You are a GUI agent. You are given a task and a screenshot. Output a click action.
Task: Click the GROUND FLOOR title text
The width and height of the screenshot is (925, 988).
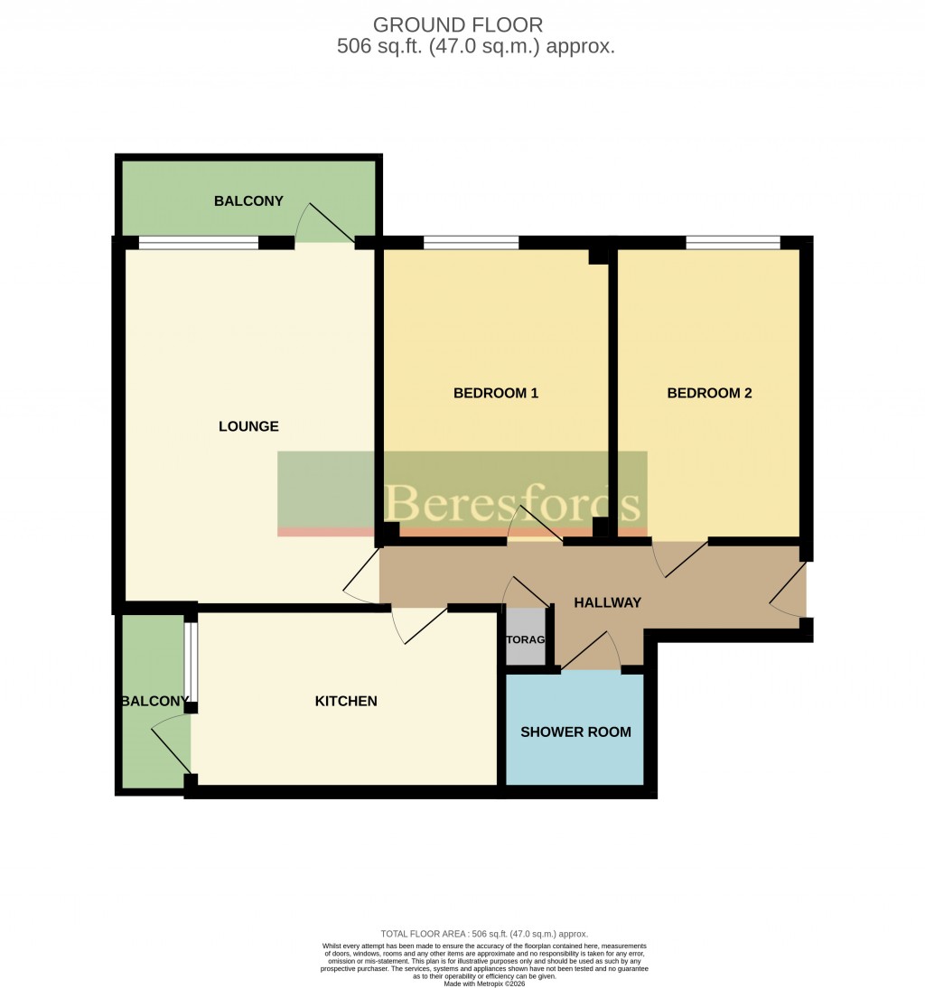[x=458, y=24]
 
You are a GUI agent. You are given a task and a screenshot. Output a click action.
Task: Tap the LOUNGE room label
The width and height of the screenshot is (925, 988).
[x=248, y=426]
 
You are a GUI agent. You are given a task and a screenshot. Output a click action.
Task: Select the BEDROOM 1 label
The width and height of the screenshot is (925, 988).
[x=496, y=393]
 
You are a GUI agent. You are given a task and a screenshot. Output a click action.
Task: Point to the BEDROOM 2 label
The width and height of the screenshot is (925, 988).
[x=709, y=393]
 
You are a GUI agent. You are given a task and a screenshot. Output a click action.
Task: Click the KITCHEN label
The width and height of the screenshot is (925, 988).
[x=345, y=701]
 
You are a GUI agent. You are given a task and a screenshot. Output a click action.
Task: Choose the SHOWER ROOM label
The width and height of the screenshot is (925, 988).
[x=575, y=732]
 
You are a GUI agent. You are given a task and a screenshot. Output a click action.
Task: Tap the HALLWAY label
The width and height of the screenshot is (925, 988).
[x=607, y=602]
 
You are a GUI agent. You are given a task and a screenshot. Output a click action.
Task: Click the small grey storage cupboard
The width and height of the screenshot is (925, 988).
[x=526, y=638]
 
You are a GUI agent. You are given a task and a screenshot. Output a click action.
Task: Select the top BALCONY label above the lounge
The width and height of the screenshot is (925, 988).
[x=248, y=200]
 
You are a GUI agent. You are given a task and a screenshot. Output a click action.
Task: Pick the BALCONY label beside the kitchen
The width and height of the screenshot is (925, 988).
[x=155, y=701]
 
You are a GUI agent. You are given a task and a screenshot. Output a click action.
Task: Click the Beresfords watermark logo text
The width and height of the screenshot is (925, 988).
[x=513, y=504]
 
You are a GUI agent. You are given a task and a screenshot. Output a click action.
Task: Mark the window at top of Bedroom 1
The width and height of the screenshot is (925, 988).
[x=471, y=242]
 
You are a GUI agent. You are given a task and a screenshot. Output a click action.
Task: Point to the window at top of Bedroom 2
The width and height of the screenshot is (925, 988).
[x=733, y=242]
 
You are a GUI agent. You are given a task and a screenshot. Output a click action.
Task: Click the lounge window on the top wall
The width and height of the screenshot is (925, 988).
[x=198, y=242]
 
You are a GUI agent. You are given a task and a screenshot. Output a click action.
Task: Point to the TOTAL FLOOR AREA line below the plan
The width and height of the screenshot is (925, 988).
[x=484, y=934]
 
